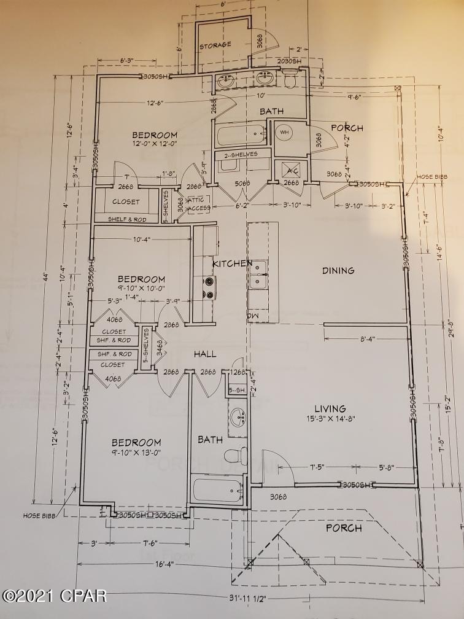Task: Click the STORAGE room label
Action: point(215,45)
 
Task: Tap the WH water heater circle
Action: point(284,132)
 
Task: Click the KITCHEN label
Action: point(232,263)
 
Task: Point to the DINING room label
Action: point(338,270)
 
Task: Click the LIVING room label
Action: point(330,408)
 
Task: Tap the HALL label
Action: point(206,354)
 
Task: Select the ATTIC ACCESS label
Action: point(199,204)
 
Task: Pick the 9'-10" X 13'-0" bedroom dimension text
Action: point(136,453)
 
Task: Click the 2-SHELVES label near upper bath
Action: point(241,154)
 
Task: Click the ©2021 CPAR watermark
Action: point(55,595)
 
